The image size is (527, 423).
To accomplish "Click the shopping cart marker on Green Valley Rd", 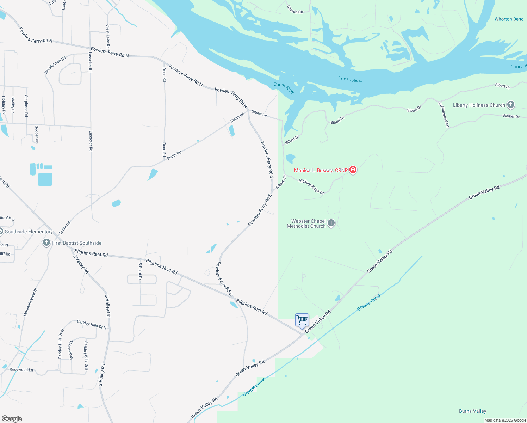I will pos(302,320).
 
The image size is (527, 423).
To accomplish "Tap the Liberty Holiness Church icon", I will pos(510,105).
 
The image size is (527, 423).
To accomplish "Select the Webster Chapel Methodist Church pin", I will pos(331,223).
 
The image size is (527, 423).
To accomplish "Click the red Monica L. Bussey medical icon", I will pos(353,170).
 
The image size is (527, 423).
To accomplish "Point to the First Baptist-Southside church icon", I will pos(46,243).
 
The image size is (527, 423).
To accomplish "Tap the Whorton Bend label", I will pos(509,19).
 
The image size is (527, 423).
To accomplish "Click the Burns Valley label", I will pos(472,411).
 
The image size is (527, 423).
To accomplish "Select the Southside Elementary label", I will pos(29,232).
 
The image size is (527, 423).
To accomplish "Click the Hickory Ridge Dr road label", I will pos(311,186).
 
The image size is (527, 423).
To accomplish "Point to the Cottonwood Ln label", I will pos(444,115).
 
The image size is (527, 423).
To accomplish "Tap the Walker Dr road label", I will pos(511,116).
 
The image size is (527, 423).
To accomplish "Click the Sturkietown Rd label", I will pos(55,65).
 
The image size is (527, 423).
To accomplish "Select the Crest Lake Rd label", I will pos(108,36).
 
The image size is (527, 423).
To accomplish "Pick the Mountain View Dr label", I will pos(30,302).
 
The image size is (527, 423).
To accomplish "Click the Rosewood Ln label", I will pos(21,370).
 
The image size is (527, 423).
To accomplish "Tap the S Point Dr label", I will pos(140,271).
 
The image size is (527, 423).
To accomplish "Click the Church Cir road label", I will pos(295,10).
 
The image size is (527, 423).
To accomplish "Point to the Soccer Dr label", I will pos(37,134).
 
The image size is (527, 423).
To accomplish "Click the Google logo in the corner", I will pos(12,419).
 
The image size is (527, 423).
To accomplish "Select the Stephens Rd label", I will pos(26,106).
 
